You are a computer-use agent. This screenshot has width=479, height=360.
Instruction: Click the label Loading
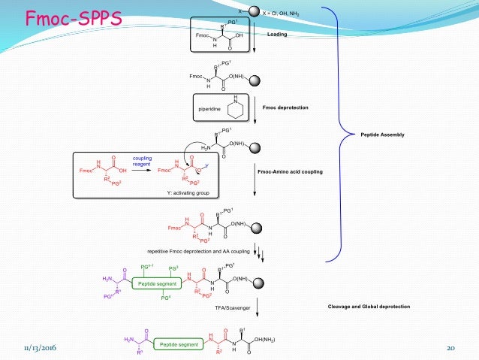(277, 35)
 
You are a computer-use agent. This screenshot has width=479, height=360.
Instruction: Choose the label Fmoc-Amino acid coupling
(290, 172)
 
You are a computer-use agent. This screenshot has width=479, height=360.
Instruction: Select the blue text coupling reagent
(142, 162)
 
